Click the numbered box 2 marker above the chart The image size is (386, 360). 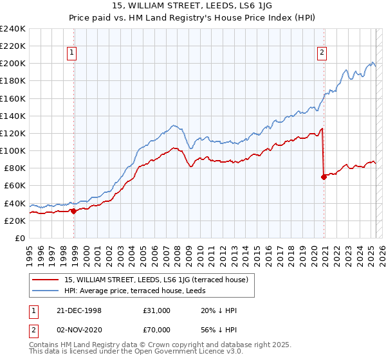pyautogui.click(x=321, y=53)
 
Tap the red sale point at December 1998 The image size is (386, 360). pyautogui.click(x=73, y=210)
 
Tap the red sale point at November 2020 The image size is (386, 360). pyautogui.click(x=324, y=177)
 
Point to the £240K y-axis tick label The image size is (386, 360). pyautogui.click(x=13, y=29)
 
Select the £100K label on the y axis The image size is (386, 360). pyautogui.click(x=13, y=150)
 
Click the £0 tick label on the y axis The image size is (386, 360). pyautogui.click(x=20, y=238)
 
